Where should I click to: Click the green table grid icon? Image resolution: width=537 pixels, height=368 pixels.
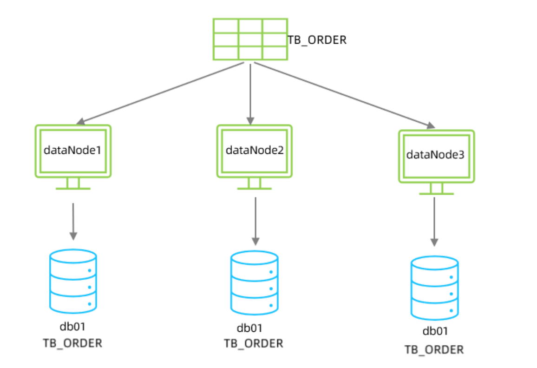[250, 39]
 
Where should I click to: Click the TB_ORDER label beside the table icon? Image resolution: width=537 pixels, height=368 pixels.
[317, 40]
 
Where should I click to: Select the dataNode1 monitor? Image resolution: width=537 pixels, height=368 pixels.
[73, 151]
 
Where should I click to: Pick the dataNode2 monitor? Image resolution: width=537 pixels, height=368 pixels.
[255, 151]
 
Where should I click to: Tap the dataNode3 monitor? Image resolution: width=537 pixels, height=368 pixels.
[436, 155]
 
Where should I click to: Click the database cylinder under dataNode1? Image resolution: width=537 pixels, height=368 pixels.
[73, 281]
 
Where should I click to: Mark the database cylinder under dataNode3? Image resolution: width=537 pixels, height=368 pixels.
[434, 288]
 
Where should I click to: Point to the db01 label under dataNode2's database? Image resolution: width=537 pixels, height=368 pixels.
[250, 328]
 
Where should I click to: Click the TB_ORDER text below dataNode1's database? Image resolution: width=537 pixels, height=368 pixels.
[72, 343]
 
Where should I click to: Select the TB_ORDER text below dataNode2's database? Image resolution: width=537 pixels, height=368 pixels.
[254, 343]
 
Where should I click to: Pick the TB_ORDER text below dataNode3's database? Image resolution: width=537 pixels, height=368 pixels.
[434, 349]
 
